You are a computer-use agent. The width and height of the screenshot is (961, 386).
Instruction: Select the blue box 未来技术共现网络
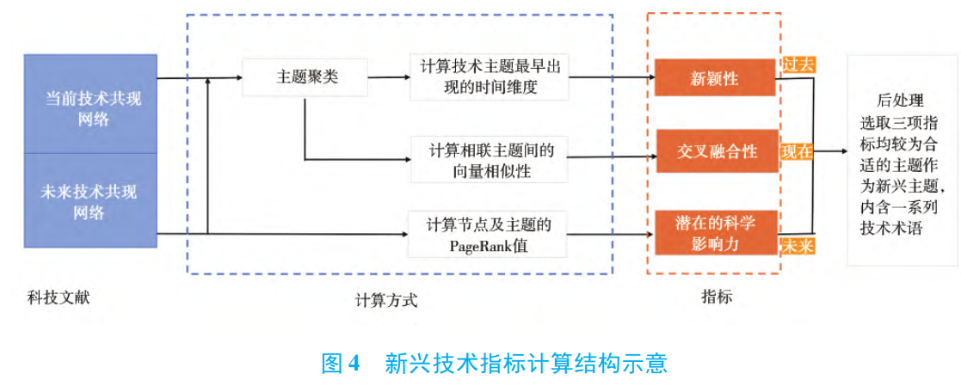coord(90,199)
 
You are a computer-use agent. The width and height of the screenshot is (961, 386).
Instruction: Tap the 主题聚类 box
coord(305,77)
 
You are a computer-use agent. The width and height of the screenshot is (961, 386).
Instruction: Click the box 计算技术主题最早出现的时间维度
coord(490,77)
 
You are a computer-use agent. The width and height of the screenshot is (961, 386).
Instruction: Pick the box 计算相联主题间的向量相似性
coord(490,160)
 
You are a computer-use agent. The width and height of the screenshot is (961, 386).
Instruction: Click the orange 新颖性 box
coord(715,78)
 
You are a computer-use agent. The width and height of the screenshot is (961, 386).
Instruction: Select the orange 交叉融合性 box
coord(715,151)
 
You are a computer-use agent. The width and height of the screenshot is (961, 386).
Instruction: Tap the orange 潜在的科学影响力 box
coord(715,232)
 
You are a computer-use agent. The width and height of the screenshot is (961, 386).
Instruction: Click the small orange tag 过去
coord(798,64)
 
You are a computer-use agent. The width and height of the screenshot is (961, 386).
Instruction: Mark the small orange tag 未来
coord(797,245)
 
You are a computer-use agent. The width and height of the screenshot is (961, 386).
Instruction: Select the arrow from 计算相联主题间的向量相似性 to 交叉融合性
coord(611,158)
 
